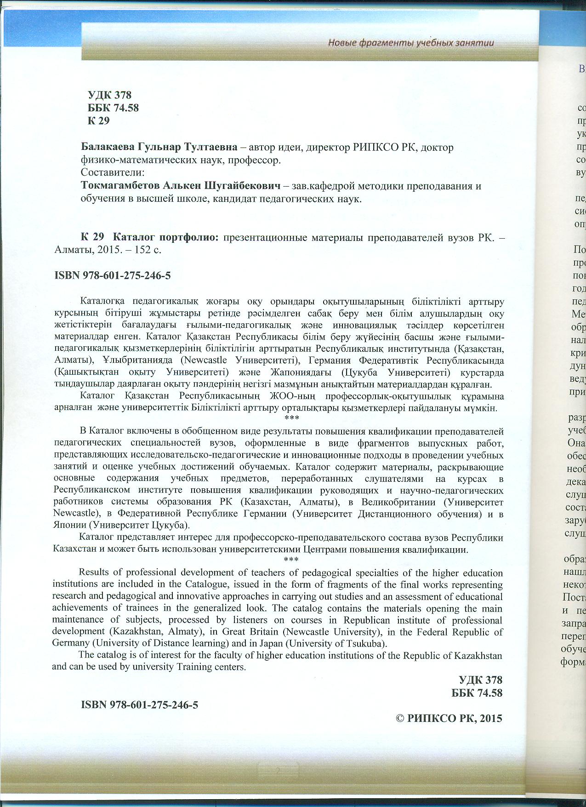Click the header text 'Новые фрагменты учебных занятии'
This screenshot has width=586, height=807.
click(411, 43)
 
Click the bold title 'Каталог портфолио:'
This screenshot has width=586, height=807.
click(165, 238)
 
